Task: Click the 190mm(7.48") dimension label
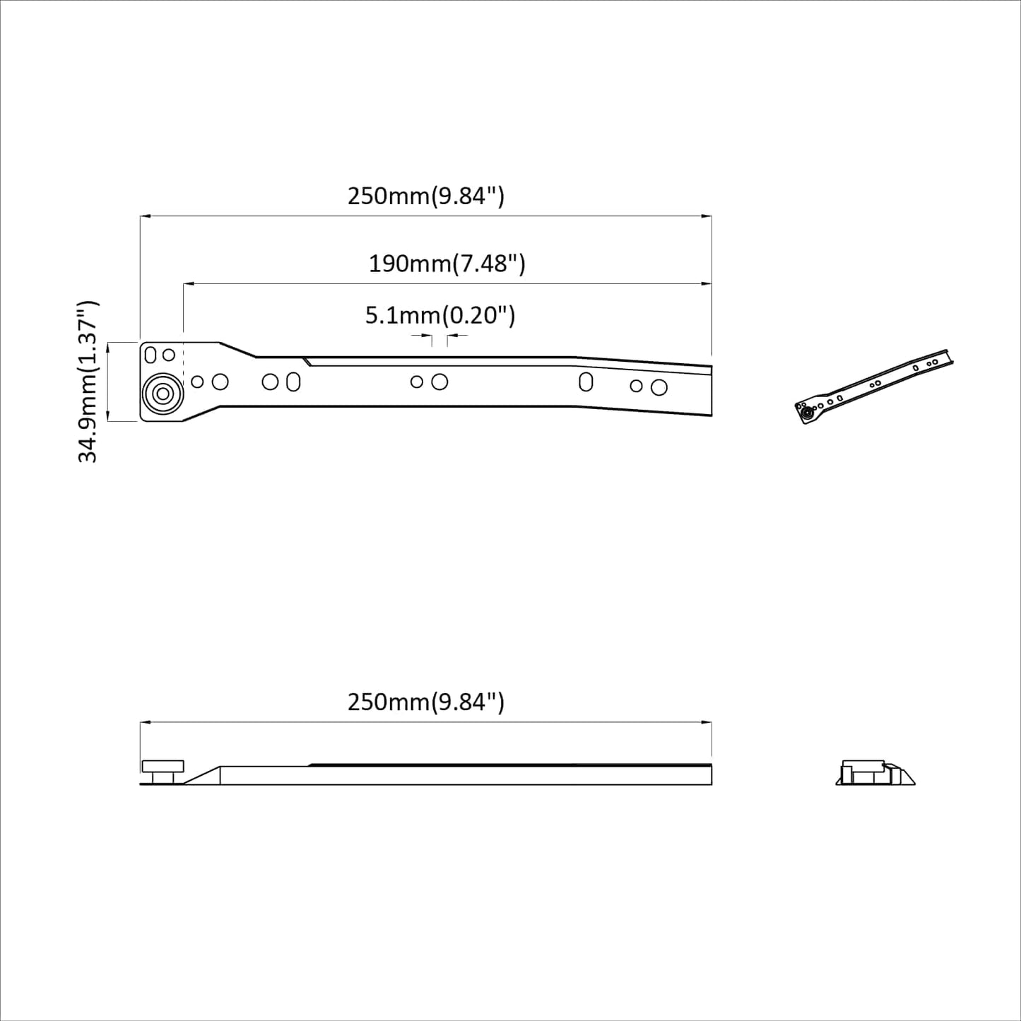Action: pos(447,264)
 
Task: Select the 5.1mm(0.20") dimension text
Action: pos(439,315)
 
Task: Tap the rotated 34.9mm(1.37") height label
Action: pos(88,382)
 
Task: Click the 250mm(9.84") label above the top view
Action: pos(425,196)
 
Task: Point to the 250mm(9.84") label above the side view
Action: pos(425,702)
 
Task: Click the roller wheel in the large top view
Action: pos(163,394)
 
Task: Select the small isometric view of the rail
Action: pos(874,387)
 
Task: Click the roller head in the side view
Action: pos(163,767)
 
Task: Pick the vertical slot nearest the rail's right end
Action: pos(586,382)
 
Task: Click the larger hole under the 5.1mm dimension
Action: pos(439,382)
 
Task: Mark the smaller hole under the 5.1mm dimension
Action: pos(417,382)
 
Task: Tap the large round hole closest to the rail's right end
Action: pos(659,387)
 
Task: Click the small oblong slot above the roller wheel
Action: pos(151,355)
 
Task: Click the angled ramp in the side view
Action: pos(202,775)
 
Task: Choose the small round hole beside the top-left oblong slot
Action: pos(169,354)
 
